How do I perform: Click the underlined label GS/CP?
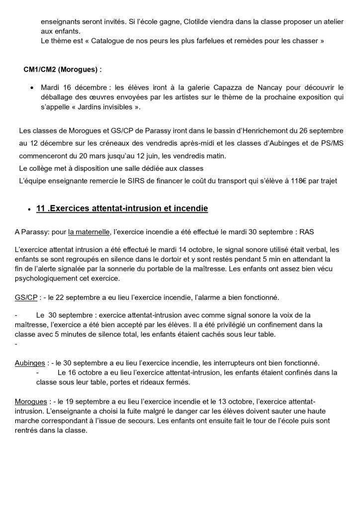coord(26,297)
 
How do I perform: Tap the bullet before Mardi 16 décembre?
coord(32,87)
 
